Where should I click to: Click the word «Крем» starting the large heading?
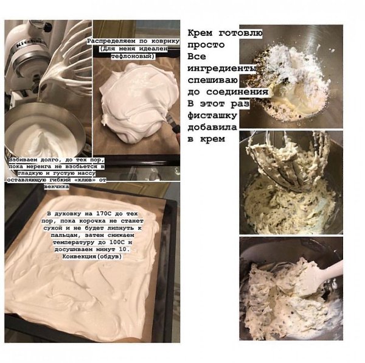click(200, 33)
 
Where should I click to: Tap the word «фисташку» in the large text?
click(212, 116)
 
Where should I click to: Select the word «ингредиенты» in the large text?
click(222, 69)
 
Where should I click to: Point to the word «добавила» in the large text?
click(212, 127)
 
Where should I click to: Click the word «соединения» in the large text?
click(237, 92)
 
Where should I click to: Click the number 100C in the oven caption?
click(117, 242)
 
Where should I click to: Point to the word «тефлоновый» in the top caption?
click(131, 56)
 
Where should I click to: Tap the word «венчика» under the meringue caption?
click(57, 187)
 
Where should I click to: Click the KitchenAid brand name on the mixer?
click(31, 43)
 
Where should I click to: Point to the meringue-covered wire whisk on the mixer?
click(68, 63)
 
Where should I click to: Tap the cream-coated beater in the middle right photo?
click(288, 161)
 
